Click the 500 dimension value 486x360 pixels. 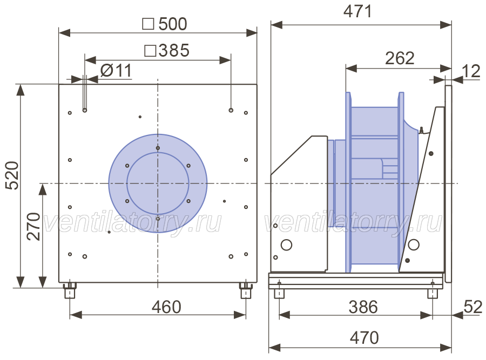coord(173,24)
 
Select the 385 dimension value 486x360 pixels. coord(174,50)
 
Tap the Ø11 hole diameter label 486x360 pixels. coord(116,71)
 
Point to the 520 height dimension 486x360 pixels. coord(13,175)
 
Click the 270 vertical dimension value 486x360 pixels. coord(33,227)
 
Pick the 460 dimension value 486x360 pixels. coord(166,307)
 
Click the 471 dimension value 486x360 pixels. coord(357,11)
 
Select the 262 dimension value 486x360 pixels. coord(400,58)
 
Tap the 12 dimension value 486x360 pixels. coord(471,71)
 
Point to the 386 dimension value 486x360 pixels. coord(363,307)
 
